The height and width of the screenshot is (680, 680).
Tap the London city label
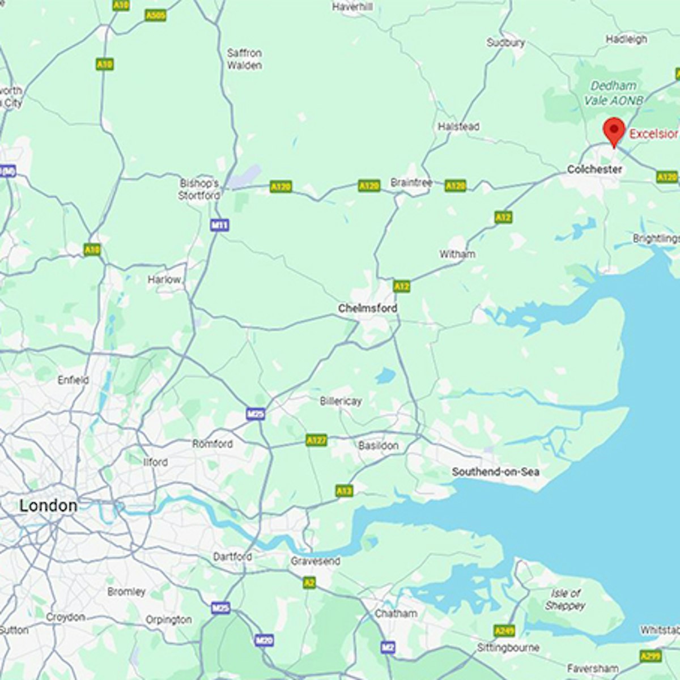(x=48, y=505)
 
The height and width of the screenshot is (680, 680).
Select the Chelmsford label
(x=367, y=308)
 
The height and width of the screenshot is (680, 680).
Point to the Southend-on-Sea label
(x=495, y=471)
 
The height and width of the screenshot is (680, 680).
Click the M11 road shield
(x=219, y=226)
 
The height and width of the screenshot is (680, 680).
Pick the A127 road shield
(x=316, y=440)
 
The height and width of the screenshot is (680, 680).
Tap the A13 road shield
(x=344, y=491)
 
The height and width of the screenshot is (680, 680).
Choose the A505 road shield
(x=155, y=15)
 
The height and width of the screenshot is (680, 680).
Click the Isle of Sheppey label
(x=565, y=599)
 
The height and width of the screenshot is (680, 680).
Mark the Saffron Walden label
(x=244, y=59)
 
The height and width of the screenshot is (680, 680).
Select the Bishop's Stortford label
(x=199, y=189)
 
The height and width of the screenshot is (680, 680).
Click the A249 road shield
(x=504, y=631)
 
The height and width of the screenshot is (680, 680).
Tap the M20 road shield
(x=264, y=640)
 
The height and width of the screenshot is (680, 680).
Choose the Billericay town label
(x=341, y=401)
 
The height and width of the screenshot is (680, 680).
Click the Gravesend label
(x=315, y=561)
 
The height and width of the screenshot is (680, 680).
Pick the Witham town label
(x=457, y=254)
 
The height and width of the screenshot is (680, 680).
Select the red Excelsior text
(x=654, y=134)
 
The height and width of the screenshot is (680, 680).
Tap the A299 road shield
(x=650, y=656)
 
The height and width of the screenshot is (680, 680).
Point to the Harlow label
(x=164, y=279)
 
